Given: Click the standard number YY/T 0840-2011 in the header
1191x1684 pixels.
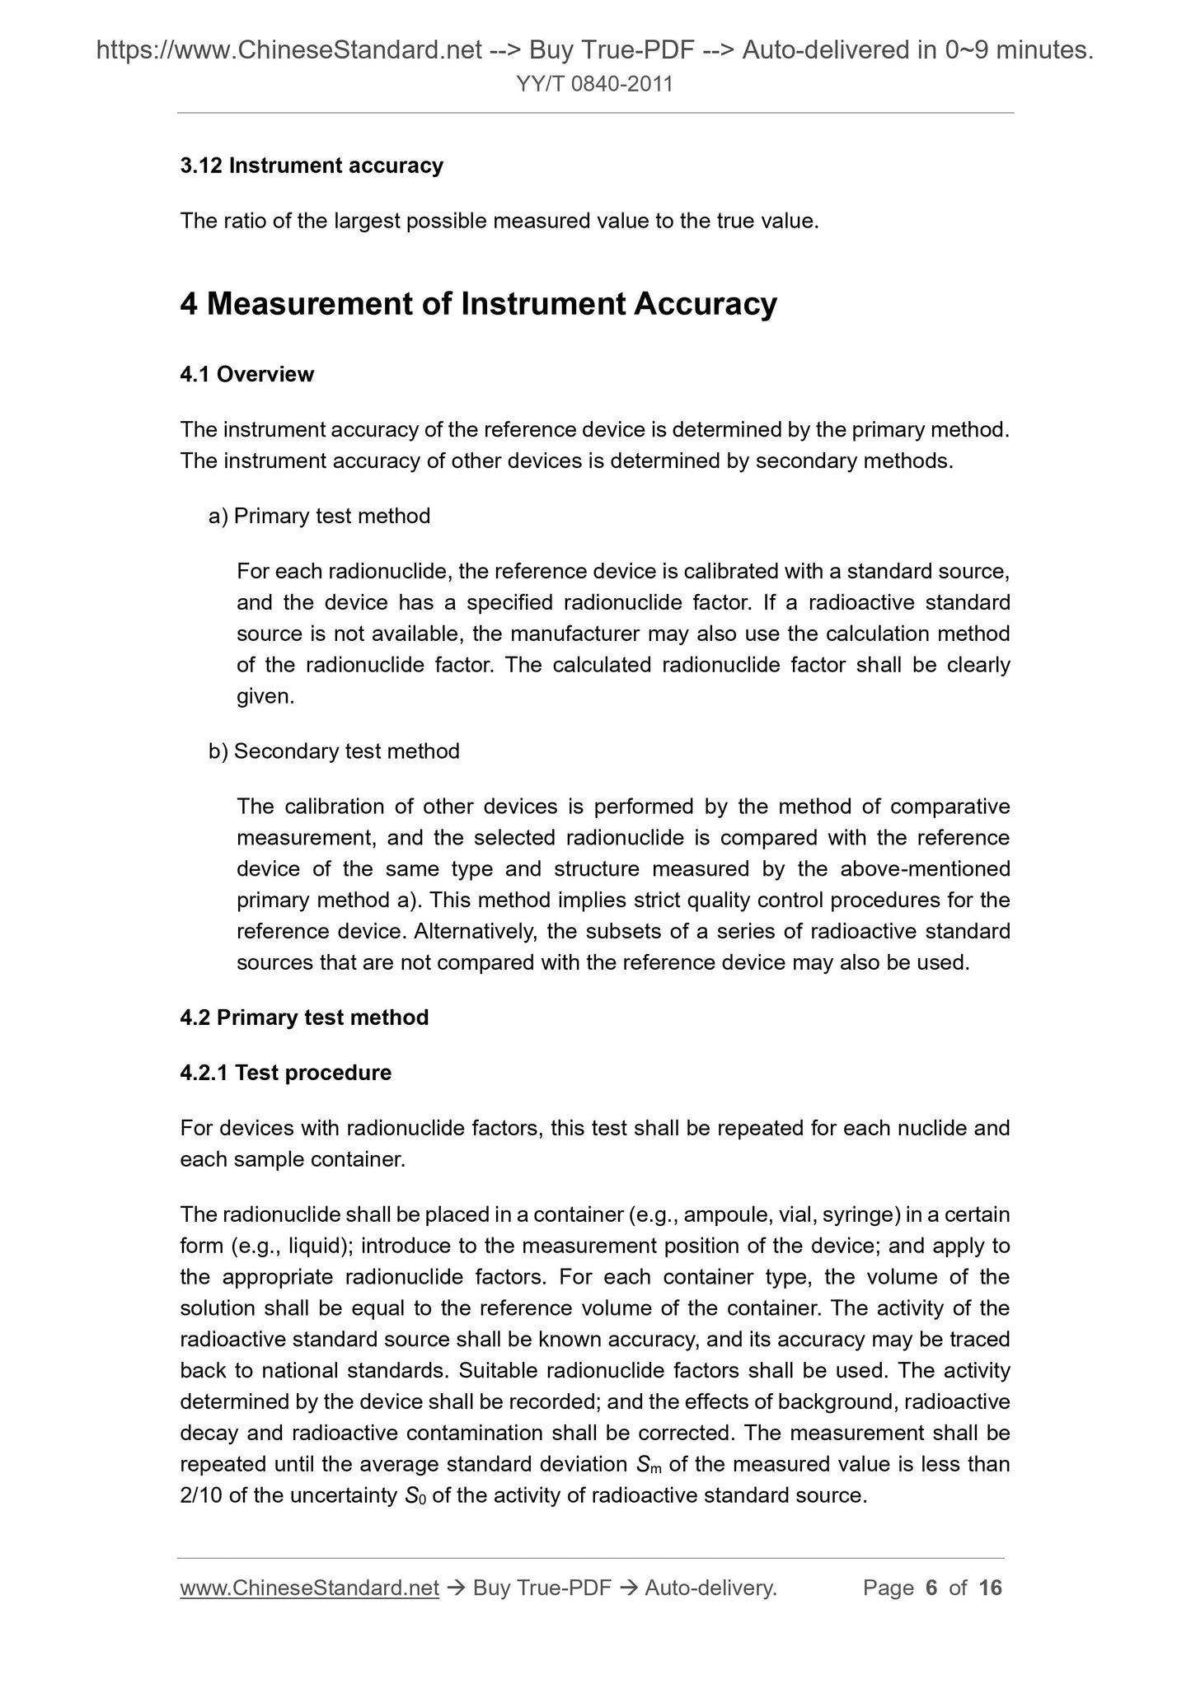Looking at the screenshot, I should [594, 84].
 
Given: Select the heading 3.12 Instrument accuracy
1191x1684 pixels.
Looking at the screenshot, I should [312, 166].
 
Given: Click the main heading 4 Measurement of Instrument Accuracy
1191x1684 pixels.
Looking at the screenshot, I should [478, 304].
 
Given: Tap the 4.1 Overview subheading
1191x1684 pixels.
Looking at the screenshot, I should [246, 374].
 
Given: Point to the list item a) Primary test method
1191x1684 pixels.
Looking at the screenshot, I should [319, 516].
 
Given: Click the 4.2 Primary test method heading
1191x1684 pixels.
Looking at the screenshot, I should [304, 1017].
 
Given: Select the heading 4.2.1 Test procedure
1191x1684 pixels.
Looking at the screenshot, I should [285, 1073].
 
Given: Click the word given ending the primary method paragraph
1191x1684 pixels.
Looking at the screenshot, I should [265, 696].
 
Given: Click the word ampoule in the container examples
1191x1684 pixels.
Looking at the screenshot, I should [725, 1214].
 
